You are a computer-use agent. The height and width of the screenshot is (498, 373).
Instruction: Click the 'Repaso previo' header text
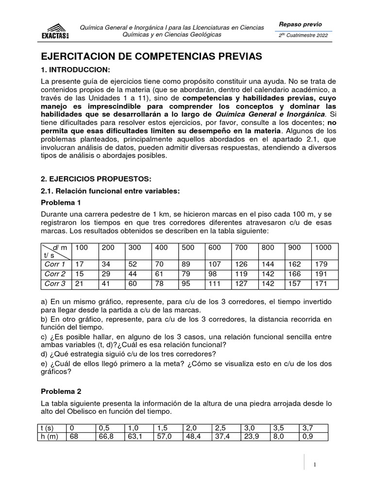(x=300, y=25)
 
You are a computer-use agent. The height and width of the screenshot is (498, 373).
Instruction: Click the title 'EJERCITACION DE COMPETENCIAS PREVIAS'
(x=151, y=56)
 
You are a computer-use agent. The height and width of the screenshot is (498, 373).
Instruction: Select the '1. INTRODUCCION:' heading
(x=75, y=70)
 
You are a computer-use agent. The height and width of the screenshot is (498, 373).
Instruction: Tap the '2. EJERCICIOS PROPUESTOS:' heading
(x=96, y=179)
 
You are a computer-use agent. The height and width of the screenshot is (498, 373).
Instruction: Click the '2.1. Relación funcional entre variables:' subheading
(x=110, y=191)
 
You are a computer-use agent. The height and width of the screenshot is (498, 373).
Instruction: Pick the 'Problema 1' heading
(x=60, y=202)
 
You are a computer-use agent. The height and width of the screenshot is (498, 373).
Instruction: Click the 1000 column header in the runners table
(x=323, y=248)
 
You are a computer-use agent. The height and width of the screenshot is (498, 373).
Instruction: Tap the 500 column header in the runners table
(x=187, y=248)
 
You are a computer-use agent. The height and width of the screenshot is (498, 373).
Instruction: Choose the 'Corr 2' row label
(x=55, y=274)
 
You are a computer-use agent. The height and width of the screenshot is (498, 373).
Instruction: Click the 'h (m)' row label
(x=50, y=436)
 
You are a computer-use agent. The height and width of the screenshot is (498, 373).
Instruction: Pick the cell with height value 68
(x=75, y=436)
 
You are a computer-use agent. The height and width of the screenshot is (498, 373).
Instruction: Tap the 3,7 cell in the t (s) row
(x=308, y=427)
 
